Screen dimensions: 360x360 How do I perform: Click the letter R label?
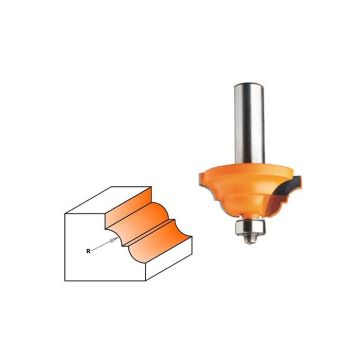[x=88, y=251]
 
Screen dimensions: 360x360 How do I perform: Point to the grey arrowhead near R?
[x=116, y=239]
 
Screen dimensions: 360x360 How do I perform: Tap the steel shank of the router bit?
[x=249, y=123]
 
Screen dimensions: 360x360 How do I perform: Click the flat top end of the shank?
[x=250, y=85]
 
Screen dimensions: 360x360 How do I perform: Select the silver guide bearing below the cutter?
[x=248, y=227]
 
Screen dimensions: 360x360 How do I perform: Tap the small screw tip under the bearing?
[x=249, y=239]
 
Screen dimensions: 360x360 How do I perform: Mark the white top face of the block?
[x=108, y=200]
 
